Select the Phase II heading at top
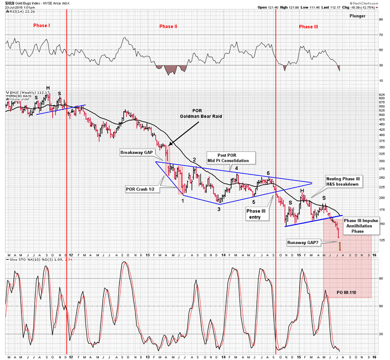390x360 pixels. click(x=168, y=25)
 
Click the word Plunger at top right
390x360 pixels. click(x=359, y=16)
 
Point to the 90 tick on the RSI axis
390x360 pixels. click(x=381, y=20)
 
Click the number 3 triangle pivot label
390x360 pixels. click(x=219, y=209)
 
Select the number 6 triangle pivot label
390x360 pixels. click(x=269, y=173)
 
